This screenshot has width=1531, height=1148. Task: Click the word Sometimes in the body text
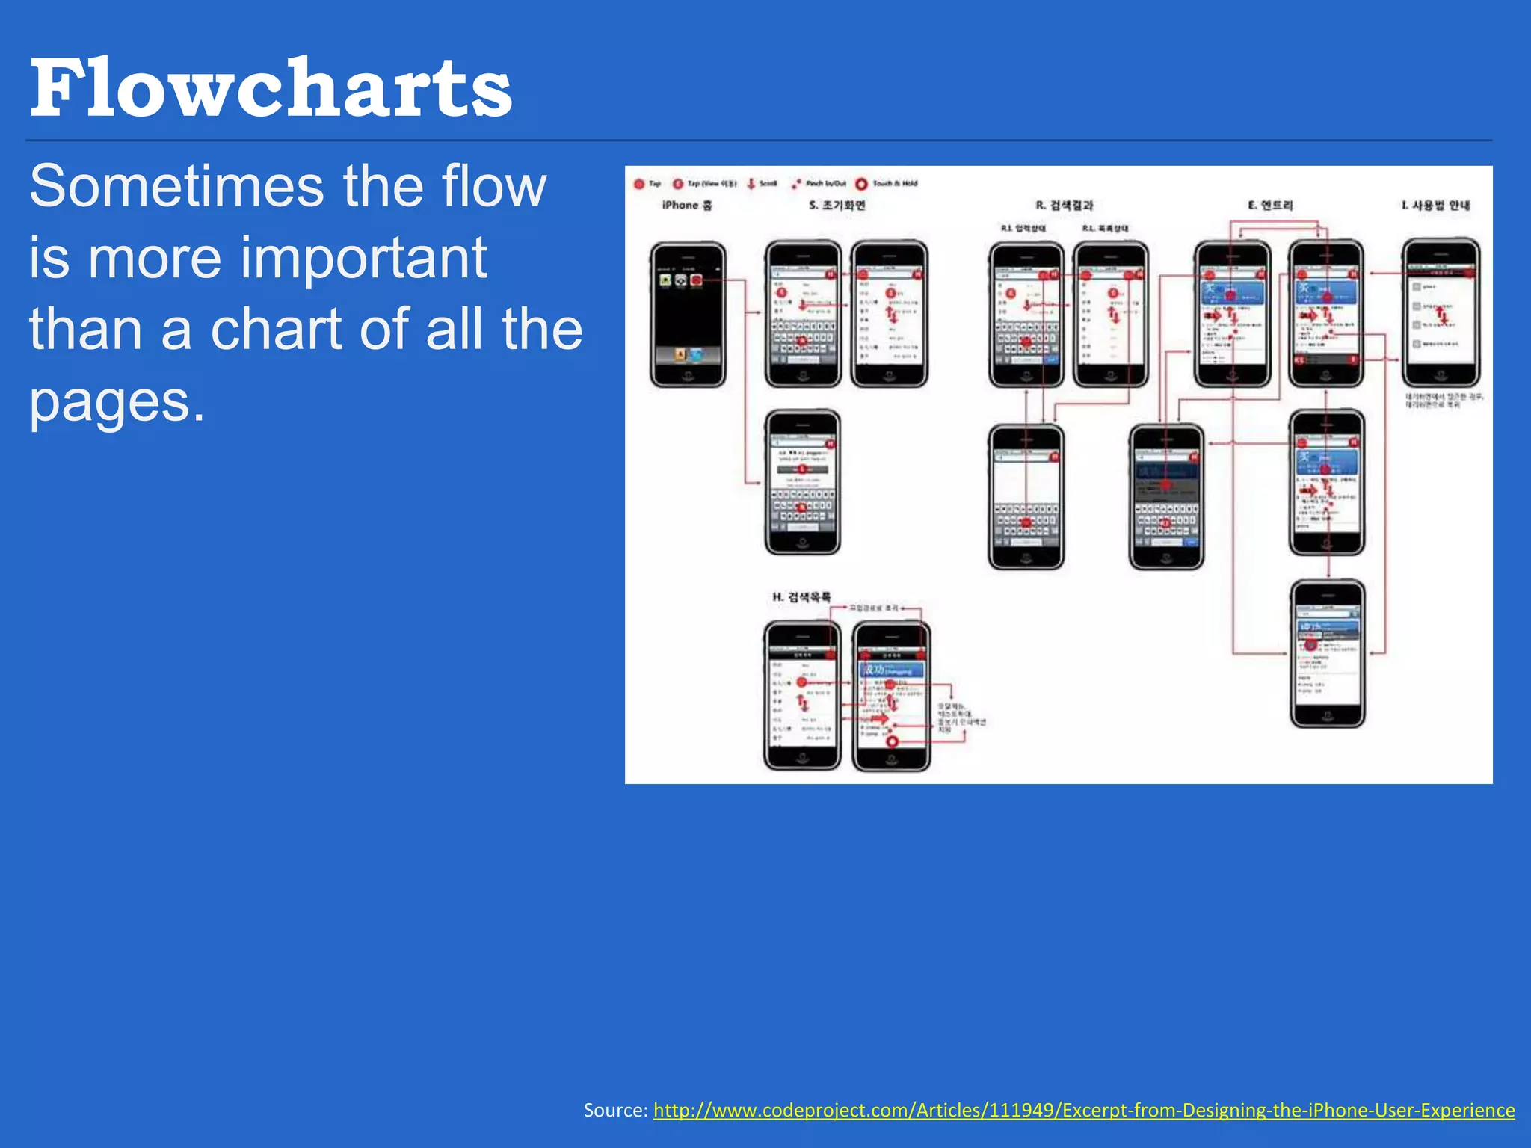[x=176, y=187]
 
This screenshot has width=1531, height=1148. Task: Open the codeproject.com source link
[x=1084, y=1111]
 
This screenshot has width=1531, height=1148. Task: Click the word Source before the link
[x=614, y=1111]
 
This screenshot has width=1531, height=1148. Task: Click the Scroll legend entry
[x=763, y=184]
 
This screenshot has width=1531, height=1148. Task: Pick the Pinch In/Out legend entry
[x=819, y=184]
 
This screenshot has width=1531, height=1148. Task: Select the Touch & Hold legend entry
[x=887, y=184]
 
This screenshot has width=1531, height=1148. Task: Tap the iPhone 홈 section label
[x=687, y=205]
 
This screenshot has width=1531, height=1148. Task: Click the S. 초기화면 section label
[x=837, y=205]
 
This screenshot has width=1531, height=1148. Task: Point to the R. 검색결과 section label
[x=1065, y=205]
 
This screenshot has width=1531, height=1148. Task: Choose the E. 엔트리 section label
[x=1270, y=205]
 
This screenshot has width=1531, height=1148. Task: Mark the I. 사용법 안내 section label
[x=1435, y=205]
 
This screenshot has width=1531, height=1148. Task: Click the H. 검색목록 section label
[x=801, y=596]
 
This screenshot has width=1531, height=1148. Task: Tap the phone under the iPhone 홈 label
[x=688, y=314]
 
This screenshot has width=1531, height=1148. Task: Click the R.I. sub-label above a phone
[x=1023, y=228]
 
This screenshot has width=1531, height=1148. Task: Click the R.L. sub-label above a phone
[x=1106, y=228]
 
